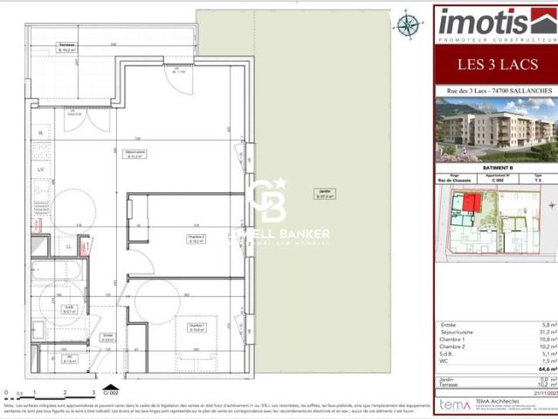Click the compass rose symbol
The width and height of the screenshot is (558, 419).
407,24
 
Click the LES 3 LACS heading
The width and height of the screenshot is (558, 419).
494,65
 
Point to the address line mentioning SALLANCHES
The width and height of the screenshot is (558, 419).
494,91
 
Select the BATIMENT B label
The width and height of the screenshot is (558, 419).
494,169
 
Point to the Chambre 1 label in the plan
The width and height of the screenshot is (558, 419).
196,329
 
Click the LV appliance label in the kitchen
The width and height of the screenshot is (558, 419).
41,169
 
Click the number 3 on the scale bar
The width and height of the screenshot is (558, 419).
87,393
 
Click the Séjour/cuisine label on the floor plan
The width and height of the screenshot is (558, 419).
133,155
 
